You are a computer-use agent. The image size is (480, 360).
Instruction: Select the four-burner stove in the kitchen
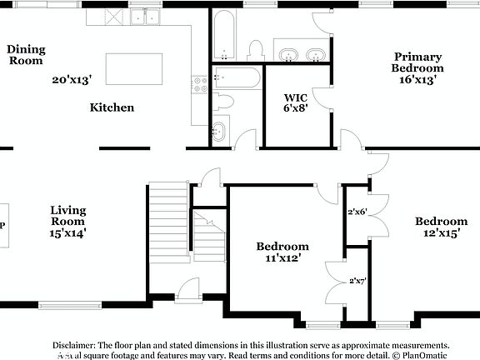pyautogui.click(x=200, y=83)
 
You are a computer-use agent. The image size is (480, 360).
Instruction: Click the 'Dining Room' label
pyautogui.click(x=26, y=55)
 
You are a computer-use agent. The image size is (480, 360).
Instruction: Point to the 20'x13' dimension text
pyautogui.click(x=71, y=80)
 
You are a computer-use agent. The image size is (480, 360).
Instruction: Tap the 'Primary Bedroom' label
pyautogui.click(x=418, y=62)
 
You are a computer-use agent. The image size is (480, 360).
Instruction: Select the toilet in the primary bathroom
pyautogui.click(x=257, y=50)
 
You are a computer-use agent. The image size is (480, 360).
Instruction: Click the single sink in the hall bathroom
pyautogui.click(x=218, y=131)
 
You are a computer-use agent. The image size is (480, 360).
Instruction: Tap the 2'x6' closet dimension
pyautogui.click(x=357, y=212)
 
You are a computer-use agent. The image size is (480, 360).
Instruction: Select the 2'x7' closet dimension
pyautogui.click(x=357, y=281)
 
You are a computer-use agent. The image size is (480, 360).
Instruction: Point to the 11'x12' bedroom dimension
pyautogui.click(x=282, y=259)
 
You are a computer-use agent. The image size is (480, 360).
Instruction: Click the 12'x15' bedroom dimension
pyautogui.click(x=442, y=234)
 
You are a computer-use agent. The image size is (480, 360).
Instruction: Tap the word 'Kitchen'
pyautogui.click(x=112, y=107)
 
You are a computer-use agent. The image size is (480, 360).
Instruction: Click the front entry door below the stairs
pyautogui.click(x=187, y=292)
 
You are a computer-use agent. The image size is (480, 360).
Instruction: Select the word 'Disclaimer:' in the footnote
pyautogui.click(x=75, y=344)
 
